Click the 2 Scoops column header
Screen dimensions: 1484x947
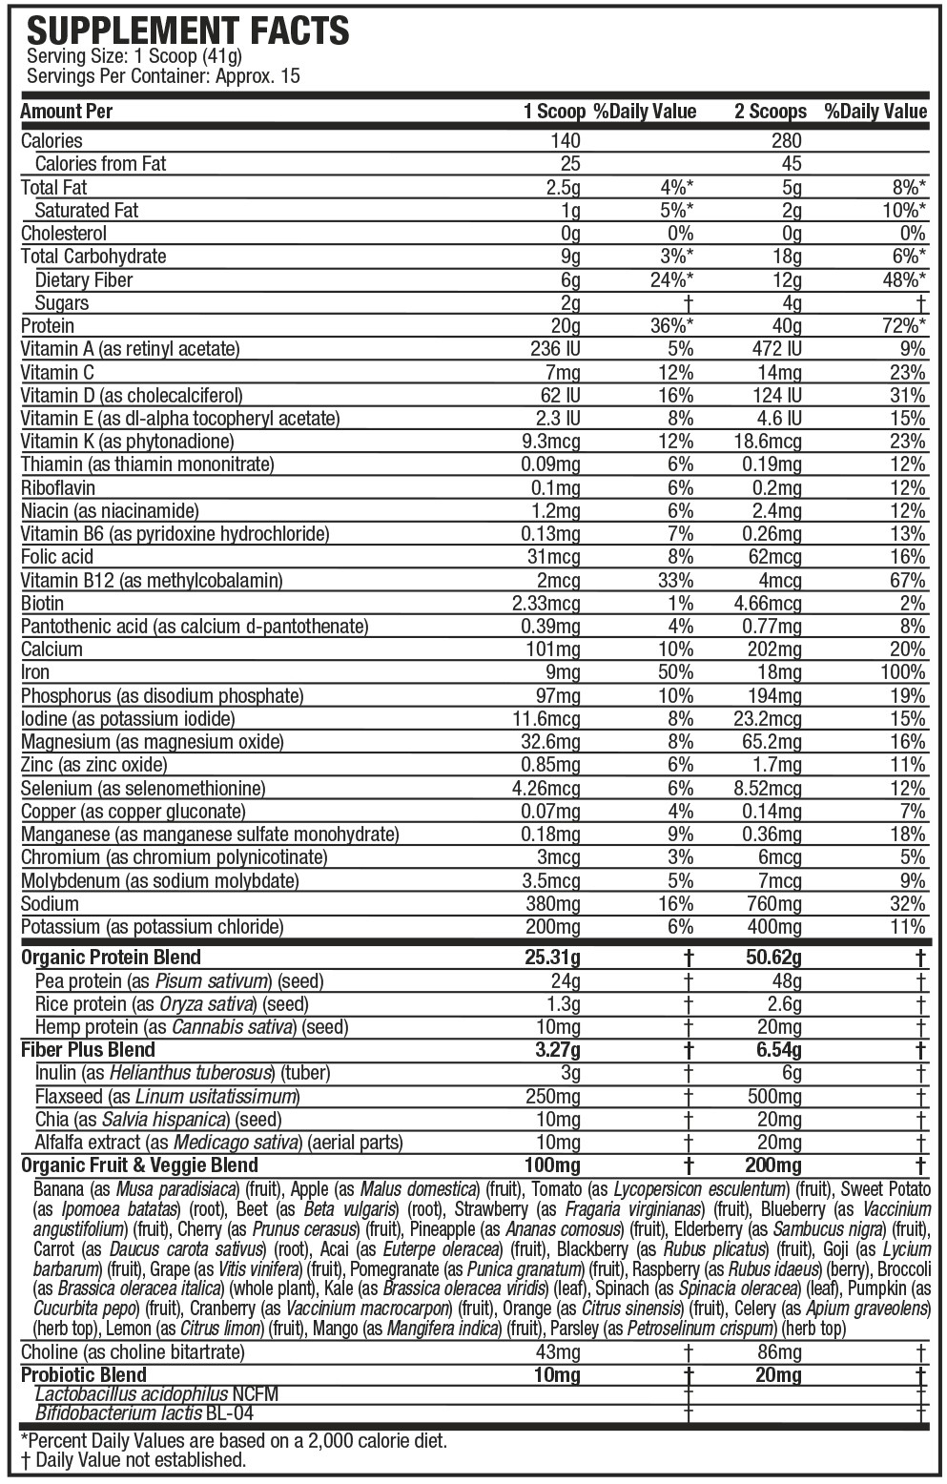(770, 112)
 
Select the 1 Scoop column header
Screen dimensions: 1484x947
(553, 112)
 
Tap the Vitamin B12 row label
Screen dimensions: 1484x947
(152, 580)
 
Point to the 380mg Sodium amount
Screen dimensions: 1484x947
(552, 903)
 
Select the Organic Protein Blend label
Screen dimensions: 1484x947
(111, 958)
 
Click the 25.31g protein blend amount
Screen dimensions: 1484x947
(551, 958)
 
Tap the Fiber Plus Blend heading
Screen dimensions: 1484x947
(88, 1050)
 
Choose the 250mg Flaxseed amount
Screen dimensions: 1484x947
(552, 1097)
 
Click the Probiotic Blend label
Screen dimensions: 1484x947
(84, 1374)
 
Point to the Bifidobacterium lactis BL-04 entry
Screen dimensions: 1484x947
(144, 1413)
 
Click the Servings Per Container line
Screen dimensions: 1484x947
(164, 75)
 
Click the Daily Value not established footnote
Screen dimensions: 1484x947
(133, 1459)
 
